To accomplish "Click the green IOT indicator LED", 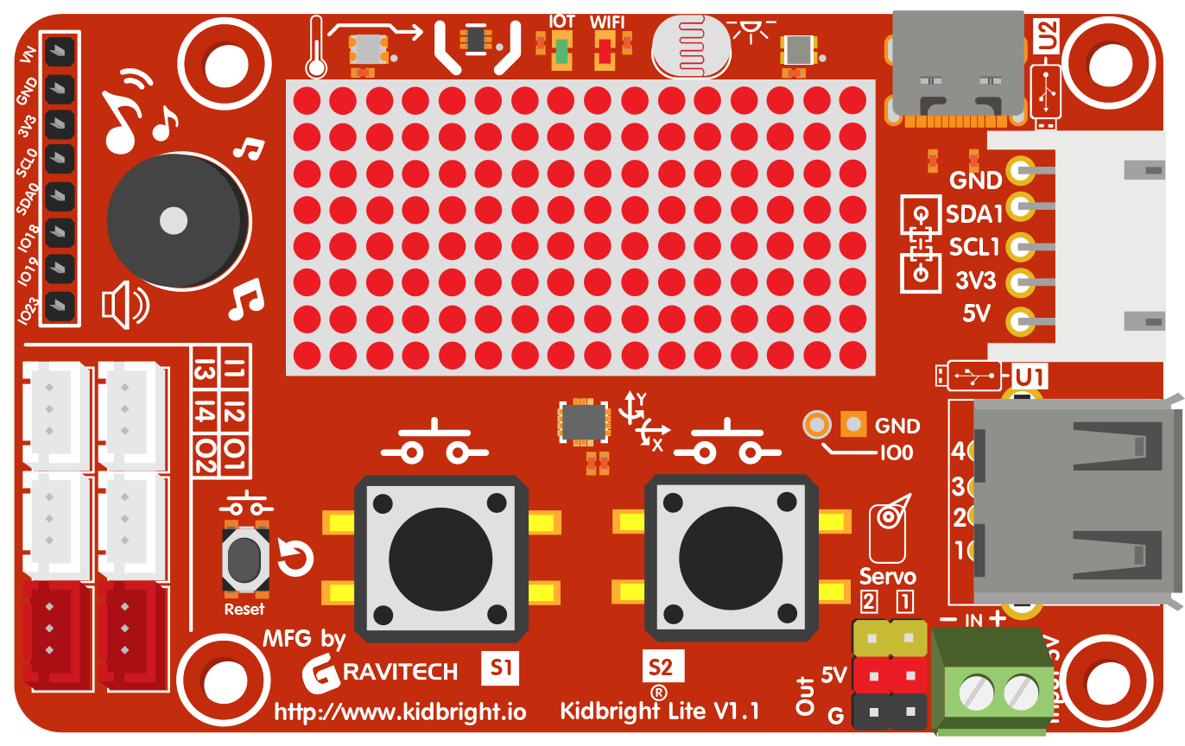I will [x=562, y=51].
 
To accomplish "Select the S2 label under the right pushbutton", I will [x=661, y=667].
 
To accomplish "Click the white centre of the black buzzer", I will [x=174, y=221].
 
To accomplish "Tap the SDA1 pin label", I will [x=973, y=213].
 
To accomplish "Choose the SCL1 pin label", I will [x=974, y=247].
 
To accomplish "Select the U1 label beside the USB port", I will [x=1030, y=376].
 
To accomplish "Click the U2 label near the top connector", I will [x=1046, y=35].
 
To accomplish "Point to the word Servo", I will [x=887, y=576].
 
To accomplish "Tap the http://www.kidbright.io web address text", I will [x=400, y=712].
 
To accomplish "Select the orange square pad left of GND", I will [x=852, y=423].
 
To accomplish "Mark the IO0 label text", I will [x=896, y=452].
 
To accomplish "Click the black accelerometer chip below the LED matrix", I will [x=585, y=422].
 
